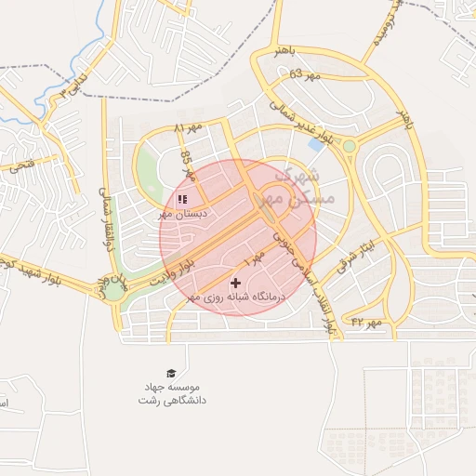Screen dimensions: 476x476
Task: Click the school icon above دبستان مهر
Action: [181, 198]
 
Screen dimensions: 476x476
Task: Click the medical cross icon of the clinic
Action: [234, 282]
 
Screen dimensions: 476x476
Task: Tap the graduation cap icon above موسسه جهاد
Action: [170, 372]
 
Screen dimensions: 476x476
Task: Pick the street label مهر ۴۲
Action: [366, 322]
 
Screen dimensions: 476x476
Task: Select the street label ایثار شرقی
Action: [357, 249]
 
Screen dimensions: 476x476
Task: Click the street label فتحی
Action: [20, 165]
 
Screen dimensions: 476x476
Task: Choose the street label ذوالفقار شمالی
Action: [105, 219]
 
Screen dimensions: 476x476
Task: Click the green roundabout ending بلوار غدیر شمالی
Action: [350, 146]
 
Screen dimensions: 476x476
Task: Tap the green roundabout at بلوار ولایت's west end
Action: [112, 290]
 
